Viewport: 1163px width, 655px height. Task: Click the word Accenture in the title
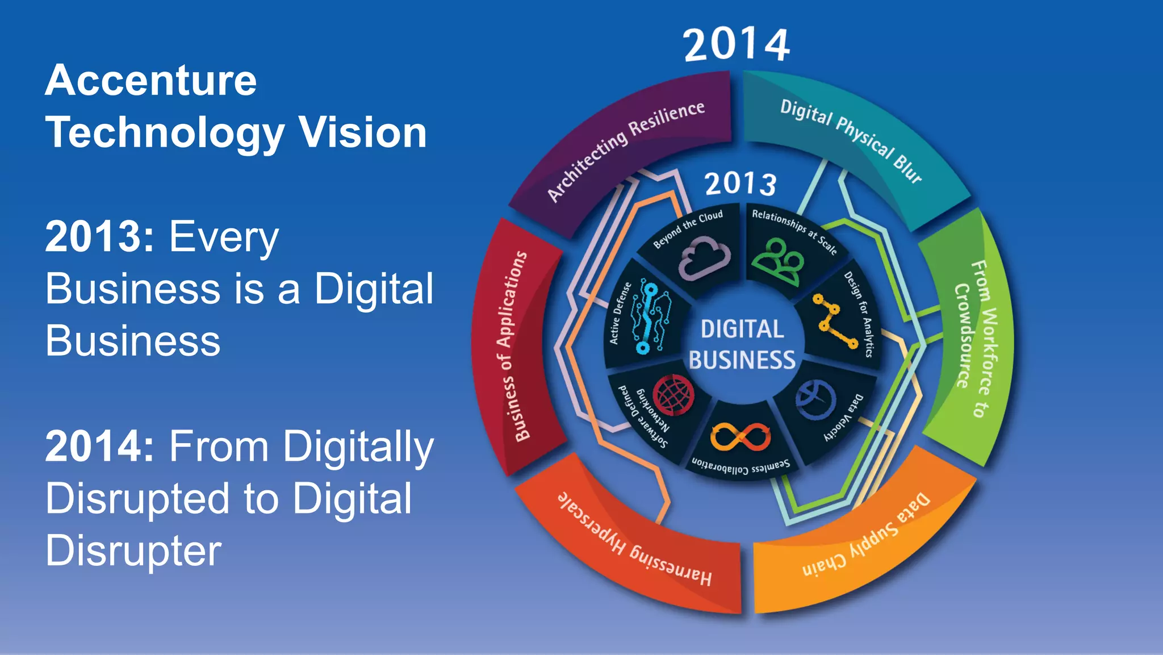(x=151, y=81)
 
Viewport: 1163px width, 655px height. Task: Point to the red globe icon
(x=673, y=395)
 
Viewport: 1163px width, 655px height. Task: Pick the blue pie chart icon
(x=815, y=399)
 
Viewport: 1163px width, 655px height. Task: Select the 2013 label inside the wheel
(x=741, y=183)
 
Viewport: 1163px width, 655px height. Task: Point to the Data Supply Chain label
(x=867, y=536)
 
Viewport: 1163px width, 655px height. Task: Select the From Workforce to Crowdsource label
(x=973, y=337)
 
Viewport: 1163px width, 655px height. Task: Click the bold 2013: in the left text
(x=100, y=236)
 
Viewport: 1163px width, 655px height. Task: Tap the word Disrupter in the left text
(x=133, y=550)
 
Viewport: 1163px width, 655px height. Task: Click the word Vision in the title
(x=363, y=133)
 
